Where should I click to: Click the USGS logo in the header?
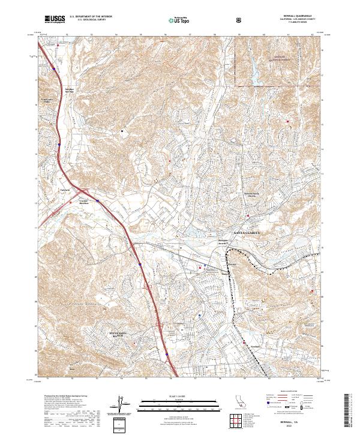(55, 19)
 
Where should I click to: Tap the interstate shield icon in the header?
(240, 19)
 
